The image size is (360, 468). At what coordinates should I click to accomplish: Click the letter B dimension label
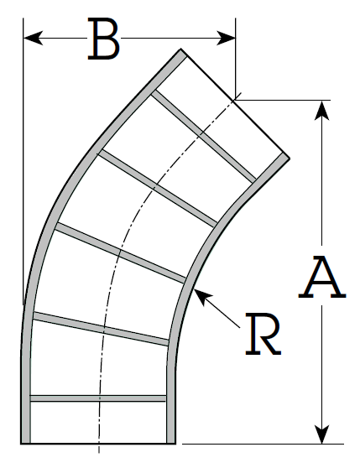point(103,39)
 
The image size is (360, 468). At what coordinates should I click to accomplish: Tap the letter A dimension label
point(322,277)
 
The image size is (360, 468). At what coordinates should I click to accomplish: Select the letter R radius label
point(263,334)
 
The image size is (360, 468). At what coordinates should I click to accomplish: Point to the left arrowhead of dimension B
point(33,39)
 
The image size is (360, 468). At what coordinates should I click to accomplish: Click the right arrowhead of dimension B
point(226,39)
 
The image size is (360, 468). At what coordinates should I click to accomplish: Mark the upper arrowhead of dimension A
point(321,110)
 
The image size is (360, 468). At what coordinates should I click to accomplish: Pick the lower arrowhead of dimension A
point(321,434)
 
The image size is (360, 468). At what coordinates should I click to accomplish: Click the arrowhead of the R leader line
point(201,296)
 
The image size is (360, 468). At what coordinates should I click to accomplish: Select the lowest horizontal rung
point(98,398)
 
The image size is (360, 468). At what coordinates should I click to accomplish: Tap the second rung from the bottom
point(101,329)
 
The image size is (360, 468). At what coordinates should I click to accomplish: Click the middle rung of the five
point(120,252)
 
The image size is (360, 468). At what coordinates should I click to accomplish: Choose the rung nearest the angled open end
point(203,137)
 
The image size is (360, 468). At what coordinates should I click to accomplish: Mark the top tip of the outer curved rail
point(181,49)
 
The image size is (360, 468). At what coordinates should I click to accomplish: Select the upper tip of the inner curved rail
point(289,158)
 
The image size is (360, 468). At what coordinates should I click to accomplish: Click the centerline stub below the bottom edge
point(99,449)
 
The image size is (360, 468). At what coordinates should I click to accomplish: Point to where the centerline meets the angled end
point(234,100)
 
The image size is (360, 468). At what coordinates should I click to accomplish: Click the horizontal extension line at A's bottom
point(263,444)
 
